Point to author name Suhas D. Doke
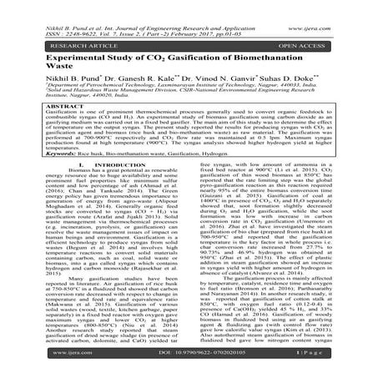[308, 86]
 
